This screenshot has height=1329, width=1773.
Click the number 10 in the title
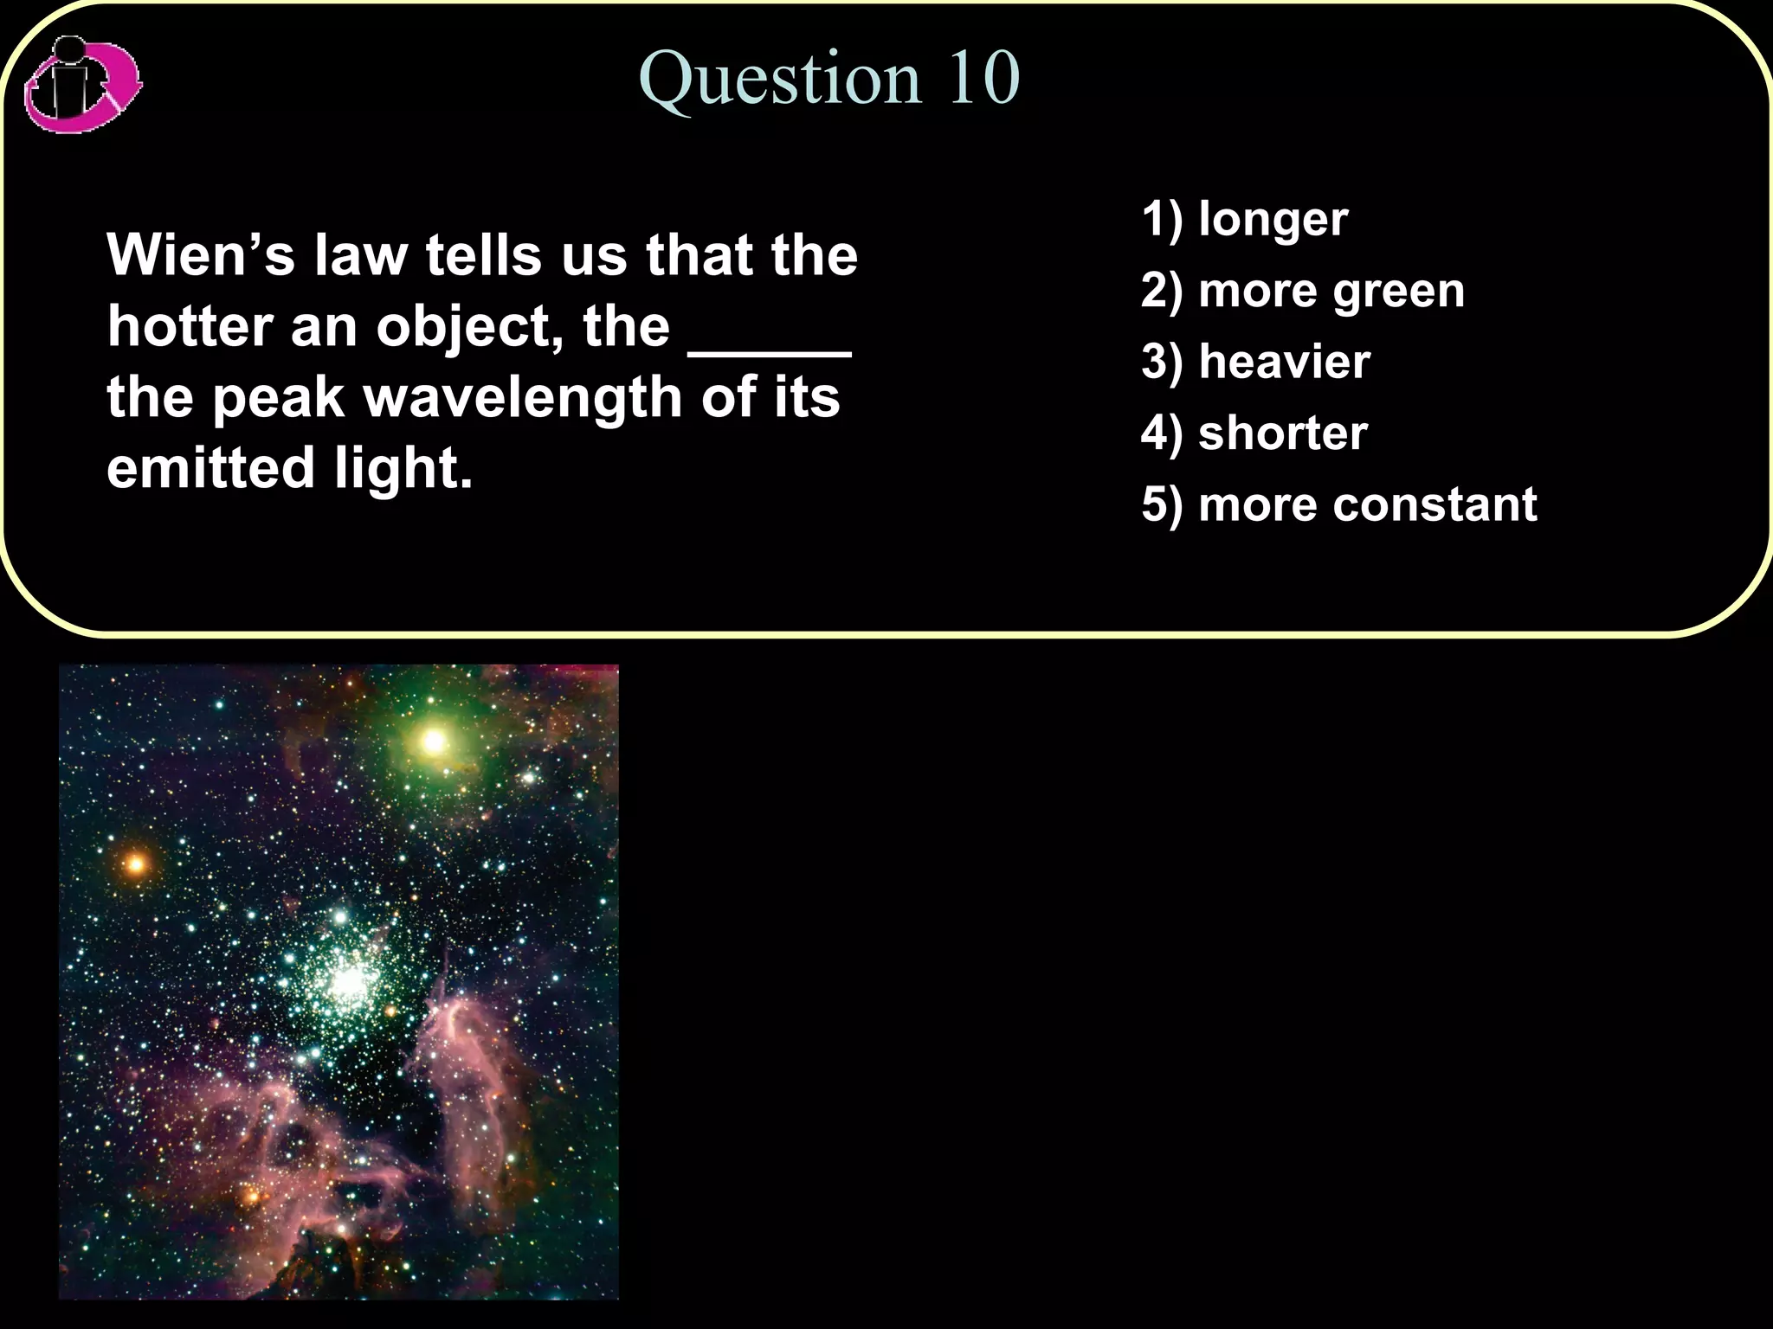[985, 78]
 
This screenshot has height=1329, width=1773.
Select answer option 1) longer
[1244, 219]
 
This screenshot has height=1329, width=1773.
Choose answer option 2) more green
[1302, 291]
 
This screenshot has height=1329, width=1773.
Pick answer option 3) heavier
[1255, 362]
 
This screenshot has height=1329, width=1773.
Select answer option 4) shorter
[1254, 433]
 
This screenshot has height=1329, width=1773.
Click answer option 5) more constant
[1338, 504]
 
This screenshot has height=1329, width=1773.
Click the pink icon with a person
[82, 85]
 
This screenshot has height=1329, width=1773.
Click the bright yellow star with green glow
[434, 742]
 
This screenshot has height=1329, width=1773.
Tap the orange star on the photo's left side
[136, 864]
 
